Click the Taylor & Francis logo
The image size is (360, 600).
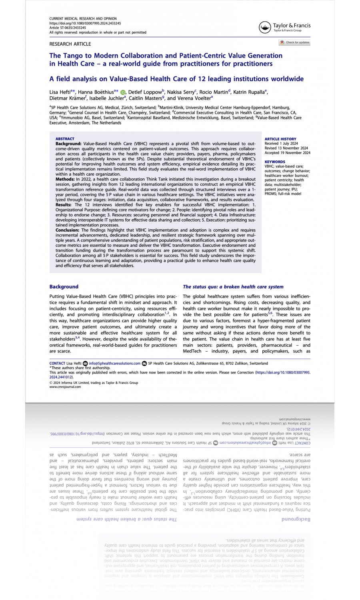pyautogui.click(x=284, y=27)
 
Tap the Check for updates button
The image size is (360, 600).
pyautogui.click(x=295, y=42)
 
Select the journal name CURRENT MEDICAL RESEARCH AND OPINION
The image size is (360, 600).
pyautogui.click(x=83, y=19)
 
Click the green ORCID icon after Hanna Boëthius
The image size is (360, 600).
pyautogui.click(x=123, y=92)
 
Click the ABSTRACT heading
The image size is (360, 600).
pyautogui.click(x=65, y=139)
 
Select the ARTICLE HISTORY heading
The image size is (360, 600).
pyautogui.click(x=280, y=139)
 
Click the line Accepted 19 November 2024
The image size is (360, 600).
pyautogui.click(x=287, y=152)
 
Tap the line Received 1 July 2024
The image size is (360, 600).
pyautogui.click(x=281, y=143)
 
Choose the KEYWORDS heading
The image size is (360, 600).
pyautogui.click(x=275, y=162)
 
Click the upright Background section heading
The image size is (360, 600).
pyautogui.click(x=64, y=286)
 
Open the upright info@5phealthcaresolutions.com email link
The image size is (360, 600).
pyautogui.click(x=114, y=363)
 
